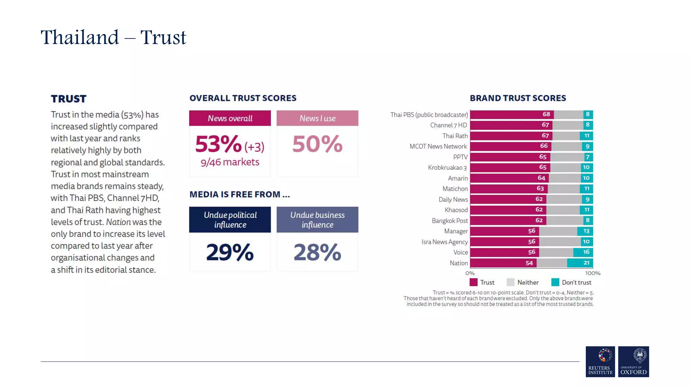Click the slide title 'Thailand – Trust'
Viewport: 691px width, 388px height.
tap(113, 37)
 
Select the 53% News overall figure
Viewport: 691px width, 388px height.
tap(219, 144)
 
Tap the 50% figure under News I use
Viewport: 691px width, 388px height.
tap(317, 144)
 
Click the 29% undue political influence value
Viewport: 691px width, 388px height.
tap(230, 252)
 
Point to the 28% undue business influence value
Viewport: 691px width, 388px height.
tap(317, 252)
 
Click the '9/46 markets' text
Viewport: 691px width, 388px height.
tap(230, 162)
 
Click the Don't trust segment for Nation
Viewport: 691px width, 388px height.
tap(580, 263)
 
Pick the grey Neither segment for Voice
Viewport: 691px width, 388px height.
tap(556, 252)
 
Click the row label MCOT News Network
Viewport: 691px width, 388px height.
tap(438, 146)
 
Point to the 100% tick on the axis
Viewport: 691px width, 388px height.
tap(592, 273)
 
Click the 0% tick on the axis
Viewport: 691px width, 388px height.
tap(470, 273)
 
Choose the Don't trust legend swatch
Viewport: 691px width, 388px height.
tap(555, 282)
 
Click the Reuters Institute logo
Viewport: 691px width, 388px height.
tap(600, 361)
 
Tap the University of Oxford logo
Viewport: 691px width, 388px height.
tap(633, 361)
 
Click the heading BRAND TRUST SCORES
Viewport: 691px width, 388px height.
tap(518, 98)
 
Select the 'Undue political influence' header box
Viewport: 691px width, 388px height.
tap(230, 220)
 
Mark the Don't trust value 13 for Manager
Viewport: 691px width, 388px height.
tap(586, 231)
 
